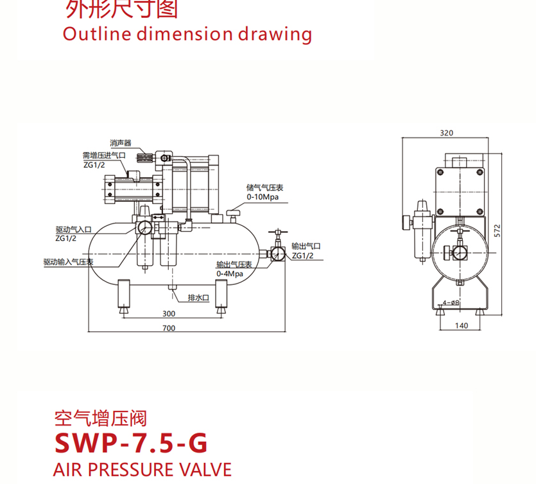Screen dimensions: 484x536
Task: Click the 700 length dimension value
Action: point(169,328)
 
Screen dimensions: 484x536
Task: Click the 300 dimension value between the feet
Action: point(169,314)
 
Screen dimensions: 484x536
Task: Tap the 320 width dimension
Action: point(447,133)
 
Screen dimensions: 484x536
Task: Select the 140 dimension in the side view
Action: point(461,325)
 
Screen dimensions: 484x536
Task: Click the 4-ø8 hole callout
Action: point(451,303)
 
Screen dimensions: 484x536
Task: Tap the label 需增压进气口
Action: point(104,155)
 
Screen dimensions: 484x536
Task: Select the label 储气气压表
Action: point(265,188)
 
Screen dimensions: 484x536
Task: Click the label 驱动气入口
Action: point(73,229)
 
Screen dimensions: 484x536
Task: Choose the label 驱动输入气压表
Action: point(69,262)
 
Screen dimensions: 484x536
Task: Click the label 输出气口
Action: point(306,246)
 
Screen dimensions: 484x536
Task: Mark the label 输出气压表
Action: point(234,264)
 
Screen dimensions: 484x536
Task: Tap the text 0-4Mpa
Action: point(229,273)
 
